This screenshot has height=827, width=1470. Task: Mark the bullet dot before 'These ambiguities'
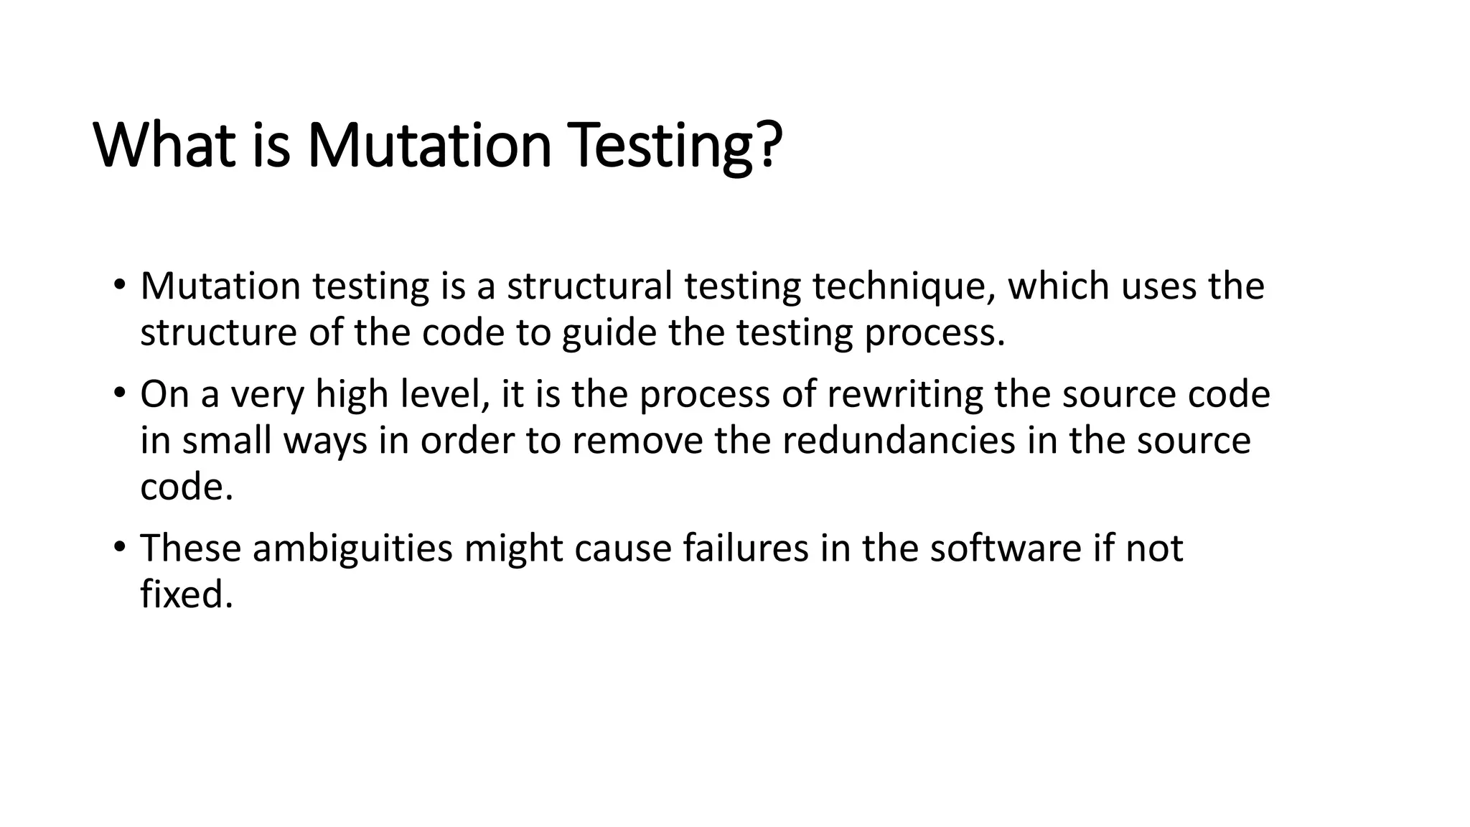[x=119, y=546]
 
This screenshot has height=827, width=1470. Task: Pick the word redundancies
[x=899, y=441]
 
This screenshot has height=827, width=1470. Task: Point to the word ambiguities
[x=352, y=548]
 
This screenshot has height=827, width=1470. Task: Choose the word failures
[x=744, y=548]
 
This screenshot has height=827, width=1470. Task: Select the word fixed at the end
[x=187, y=594]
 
